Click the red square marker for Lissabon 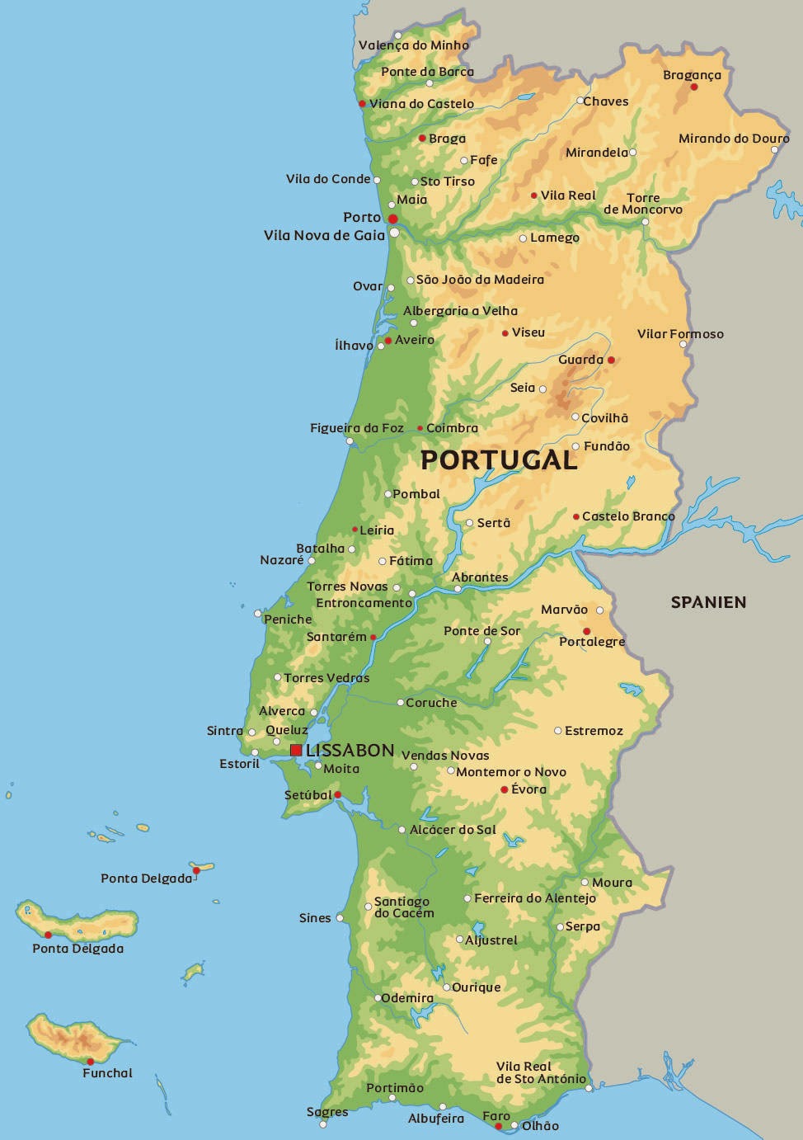296,750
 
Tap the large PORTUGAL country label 499,460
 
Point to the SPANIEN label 708,602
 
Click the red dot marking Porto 393,219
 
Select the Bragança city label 692,75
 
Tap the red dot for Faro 499,1126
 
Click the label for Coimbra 452,428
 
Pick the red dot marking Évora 505,789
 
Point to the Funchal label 107,1073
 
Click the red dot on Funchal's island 90,1061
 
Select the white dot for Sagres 323,1124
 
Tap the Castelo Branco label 628,516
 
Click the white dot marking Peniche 258,614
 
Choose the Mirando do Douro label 734,139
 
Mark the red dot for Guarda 611,360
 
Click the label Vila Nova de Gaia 324,235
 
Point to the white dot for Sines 340,917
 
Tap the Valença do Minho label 414,45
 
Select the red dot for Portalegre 586,631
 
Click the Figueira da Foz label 357,428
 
